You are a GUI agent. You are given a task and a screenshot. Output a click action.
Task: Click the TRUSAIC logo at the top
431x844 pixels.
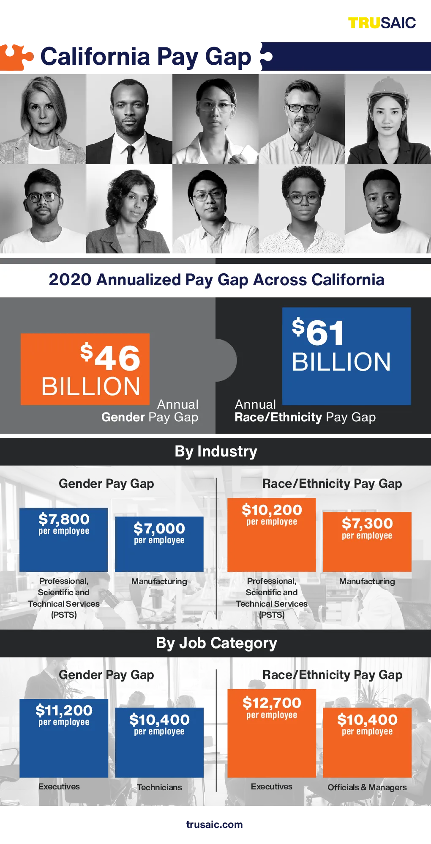click(382, 23)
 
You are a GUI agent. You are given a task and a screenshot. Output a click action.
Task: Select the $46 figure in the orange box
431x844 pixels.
click(110, 357)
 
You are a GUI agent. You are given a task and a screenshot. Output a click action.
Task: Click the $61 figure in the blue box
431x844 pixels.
click(318, 331)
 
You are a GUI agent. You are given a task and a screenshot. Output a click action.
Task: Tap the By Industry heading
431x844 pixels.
click(216, 451)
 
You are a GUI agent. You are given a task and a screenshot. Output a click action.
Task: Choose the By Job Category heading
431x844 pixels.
click(216, 643)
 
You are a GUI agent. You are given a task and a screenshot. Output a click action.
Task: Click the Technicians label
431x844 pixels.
click(159, 787)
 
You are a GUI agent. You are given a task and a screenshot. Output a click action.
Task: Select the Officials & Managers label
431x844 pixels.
click(367, 787)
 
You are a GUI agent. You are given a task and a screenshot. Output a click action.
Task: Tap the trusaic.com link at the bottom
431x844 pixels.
click(215, 825)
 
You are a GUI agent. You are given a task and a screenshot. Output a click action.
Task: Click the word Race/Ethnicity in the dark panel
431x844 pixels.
click(278, 417)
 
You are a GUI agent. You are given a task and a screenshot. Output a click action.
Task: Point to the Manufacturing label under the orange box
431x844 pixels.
click(367, 581)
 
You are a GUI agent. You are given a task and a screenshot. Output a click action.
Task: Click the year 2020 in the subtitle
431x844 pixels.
click(70, 280)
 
